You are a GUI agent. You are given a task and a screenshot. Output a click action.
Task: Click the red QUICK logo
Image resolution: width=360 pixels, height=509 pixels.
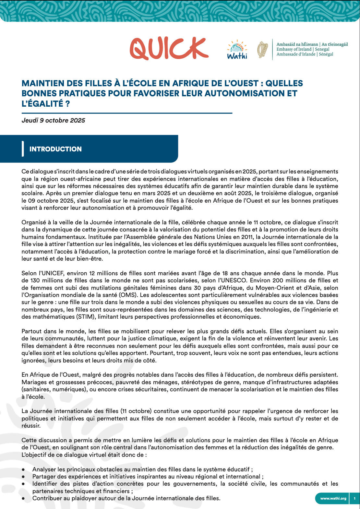point(169,49)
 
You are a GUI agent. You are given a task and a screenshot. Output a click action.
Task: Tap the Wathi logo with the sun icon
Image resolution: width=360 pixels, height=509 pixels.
point(237,50)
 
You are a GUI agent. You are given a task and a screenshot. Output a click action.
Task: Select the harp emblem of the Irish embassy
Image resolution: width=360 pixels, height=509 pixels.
point(262,50)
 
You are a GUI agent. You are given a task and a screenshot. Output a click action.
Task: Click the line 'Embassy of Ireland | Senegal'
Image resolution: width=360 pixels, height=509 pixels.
point(303,49)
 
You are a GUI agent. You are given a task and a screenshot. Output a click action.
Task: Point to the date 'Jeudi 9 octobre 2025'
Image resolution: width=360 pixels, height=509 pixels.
point(53,120)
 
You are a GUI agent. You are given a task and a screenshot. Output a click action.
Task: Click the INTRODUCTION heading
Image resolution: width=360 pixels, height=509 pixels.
point(55,149)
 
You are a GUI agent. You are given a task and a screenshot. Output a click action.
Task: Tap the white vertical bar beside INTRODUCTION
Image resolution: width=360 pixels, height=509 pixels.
point(23,149)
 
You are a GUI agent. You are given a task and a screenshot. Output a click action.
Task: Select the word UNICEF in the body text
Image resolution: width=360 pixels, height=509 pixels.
point(52,273)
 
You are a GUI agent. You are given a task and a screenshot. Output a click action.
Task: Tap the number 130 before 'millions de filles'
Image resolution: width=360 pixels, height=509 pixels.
point(35,280)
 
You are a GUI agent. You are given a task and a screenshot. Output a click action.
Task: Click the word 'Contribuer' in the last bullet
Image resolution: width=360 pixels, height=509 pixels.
point(46,498)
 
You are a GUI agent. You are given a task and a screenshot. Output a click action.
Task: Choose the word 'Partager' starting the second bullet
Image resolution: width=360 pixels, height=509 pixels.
point(43,477)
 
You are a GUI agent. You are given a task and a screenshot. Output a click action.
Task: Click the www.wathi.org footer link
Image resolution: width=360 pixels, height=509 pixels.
point(333,499)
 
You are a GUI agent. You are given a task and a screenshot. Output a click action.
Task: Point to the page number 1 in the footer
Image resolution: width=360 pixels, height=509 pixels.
point(354,499)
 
